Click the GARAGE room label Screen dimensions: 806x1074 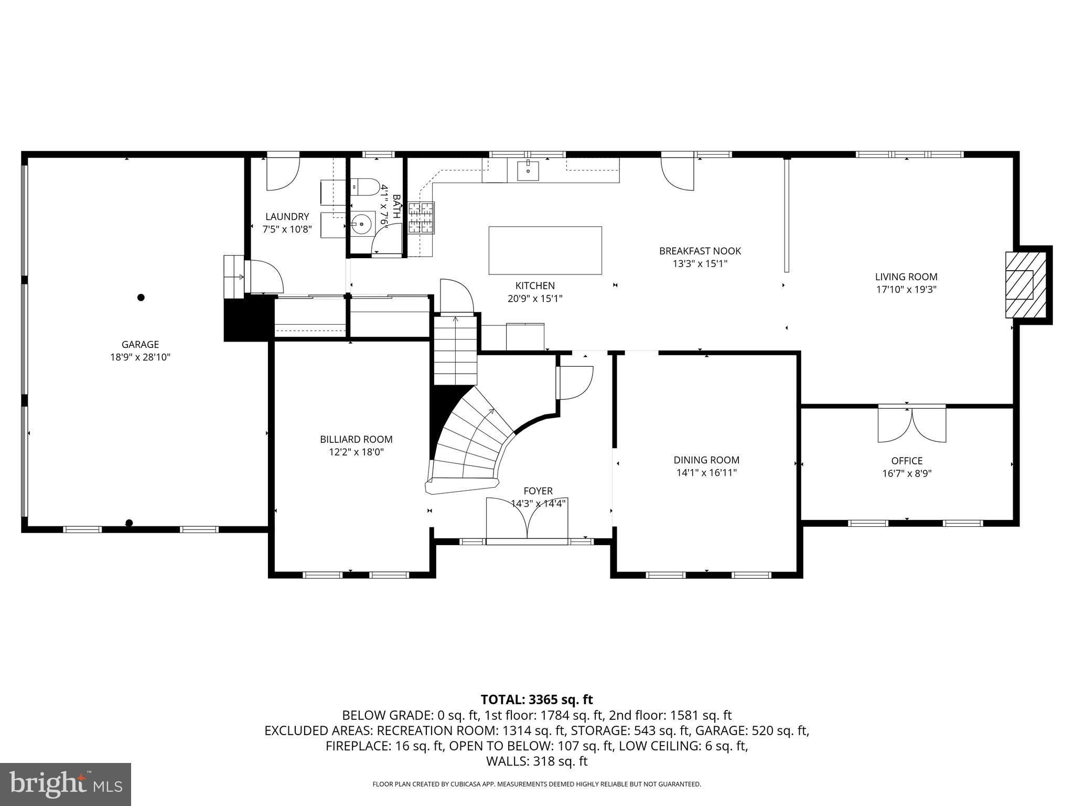[140, 345]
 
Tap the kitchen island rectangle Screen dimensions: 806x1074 [545, 250]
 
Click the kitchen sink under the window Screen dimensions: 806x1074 [528, 171]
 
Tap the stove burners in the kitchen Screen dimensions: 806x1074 [422, 217]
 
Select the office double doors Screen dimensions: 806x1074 [912, 424]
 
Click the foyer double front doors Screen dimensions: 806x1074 [527, 518]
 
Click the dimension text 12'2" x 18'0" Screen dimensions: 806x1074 [356, 452]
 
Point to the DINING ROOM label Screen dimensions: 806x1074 [706, 460]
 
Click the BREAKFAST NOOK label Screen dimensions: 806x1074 [700, 251]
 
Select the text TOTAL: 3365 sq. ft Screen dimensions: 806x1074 [536, 699]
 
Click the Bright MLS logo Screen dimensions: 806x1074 [66, 784]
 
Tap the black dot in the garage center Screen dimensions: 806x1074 [141, 298]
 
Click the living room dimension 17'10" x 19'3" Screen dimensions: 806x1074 [906, 289]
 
